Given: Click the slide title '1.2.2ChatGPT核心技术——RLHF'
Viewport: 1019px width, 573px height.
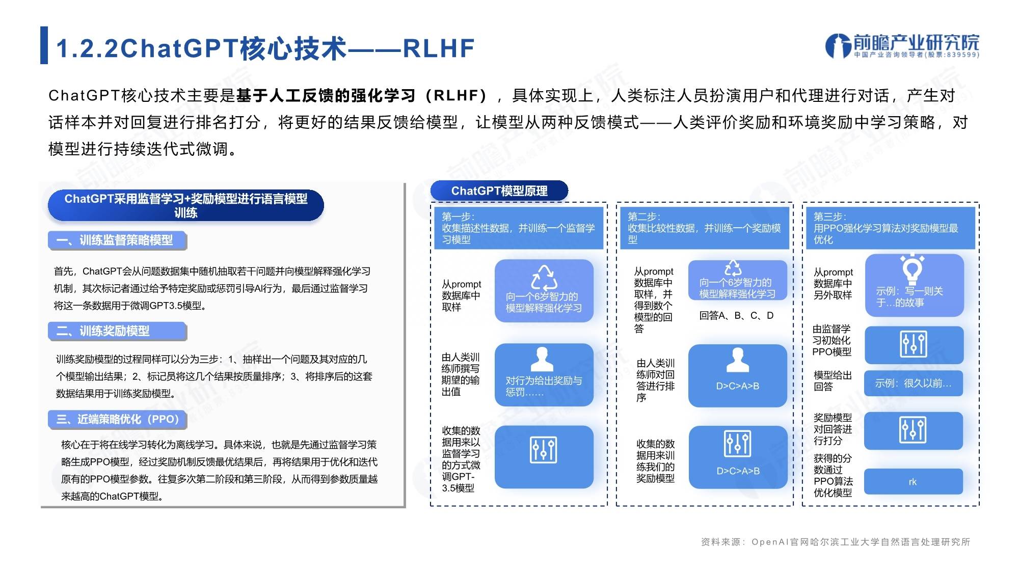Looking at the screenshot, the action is pyautogui.click(x=265, y=48).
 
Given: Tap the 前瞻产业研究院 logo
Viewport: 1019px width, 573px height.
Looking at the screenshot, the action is pyautogui.click(x=902, y=46).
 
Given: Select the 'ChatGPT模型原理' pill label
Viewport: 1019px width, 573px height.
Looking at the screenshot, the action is pyautogui.click(x=499, y=191).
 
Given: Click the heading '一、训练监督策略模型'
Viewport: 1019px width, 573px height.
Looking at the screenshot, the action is pyautogui.click(x=117, y=240).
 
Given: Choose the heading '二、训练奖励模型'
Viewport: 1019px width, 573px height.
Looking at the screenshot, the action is pyautogui.click(x=117, y=331).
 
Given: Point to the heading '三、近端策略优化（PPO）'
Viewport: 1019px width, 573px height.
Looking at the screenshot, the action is pyautogui.click(x=117, y=419).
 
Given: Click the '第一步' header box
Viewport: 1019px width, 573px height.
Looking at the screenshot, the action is pyautogui.click(x=519, y=228).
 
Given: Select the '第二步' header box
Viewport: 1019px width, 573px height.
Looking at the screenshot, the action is pyautogui.click(x=705, y=228).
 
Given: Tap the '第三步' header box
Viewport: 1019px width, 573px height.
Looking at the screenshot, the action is pyautogui.click(x=891, y=228).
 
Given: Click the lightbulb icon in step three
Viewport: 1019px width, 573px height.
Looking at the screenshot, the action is pyautogui.click(x=913, y=269).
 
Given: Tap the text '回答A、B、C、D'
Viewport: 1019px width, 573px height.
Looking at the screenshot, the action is pyautogui.click(x=736, y=316).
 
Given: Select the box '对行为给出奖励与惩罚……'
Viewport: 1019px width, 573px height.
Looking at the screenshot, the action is pyautogui.click(x=544, y=375).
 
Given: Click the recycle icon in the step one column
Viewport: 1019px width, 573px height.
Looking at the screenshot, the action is pyautogui.click(x=544, y=278).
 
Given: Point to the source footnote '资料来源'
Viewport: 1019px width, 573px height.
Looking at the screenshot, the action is pyautogui.click(x=836, y=542).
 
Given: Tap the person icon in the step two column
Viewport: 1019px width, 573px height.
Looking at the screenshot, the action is pyautogui.click(x=737, y=360).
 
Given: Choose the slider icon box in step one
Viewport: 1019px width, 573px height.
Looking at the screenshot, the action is pyautogui.click(x=544, y=457).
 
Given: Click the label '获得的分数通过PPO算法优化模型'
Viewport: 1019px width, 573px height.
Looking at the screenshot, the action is pyautogui.click(x=833, y=475).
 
